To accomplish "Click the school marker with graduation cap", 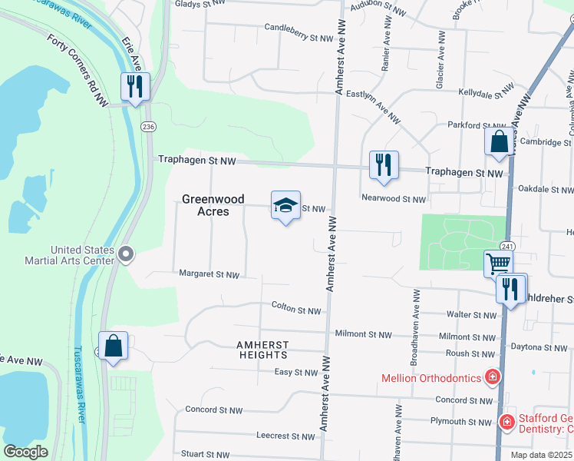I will pos(285,206).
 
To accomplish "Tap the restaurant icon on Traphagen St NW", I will pos(383,165).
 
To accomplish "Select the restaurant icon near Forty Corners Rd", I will pos(135,87).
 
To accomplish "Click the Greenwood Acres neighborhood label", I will pos(205,205).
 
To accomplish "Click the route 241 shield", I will pos(506,246).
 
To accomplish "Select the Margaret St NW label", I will pos(209,274).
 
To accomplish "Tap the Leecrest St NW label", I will pos(285,436).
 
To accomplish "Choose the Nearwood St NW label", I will pos(393,199).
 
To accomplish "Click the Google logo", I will pos(25,453).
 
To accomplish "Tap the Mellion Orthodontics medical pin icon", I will pos(492,377).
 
